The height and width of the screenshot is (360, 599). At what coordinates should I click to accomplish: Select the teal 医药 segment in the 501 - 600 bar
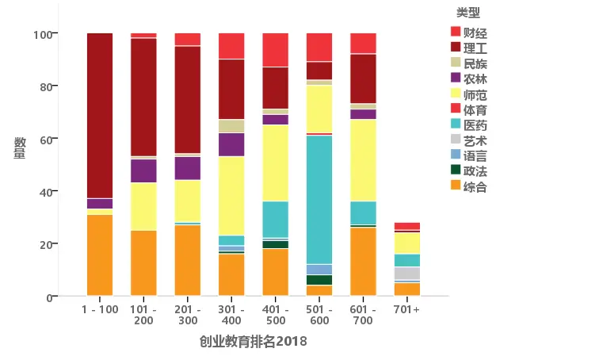[x=319, y=199]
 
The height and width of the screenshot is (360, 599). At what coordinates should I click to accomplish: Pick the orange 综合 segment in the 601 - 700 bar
[x=363, y=262]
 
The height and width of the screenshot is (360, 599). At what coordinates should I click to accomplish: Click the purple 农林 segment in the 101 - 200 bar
[x=143, y=170]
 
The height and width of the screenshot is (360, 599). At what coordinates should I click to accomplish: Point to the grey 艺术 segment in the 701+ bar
[x=406, y=274]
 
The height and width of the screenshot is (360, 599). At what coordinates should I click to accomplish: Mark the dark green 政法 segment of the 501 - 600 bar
[x=319, y=280]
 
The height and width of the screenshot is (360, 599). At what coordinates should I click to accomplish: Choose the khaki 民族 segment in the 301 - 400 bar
[x=231, y=126]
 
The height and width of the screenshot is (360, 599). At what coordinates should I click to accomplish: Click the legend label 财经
[x=475, y=33]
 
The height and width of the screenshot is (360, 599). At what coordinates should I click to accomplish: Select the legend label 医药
[x=475, y=125]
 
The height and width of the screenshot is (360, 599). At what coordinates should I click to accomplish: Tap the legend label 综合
[x=475, y=187]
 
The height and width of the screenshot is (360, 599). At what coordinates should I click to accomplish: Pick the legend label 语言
[x=475, y=156]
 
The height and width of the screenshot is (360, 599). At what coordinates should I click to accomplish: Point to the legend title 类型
[x=467, y=13]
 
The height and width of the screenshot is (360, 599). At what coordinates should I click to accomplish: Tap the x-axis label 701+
[x=406, y=309]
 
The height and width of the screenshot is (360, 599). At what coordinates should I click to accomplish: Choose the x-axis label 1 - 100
[x=99, y=309]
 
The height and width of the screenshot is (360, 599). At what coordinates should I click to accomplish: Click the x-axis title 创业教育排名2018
[x=253, y=341]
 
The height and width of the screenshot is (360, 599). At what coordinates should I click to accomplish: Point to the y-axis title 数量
[x=20, y=148]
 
